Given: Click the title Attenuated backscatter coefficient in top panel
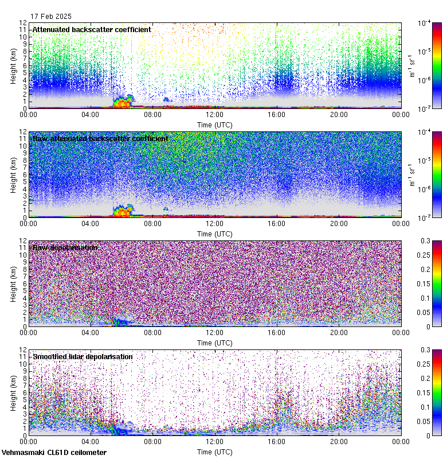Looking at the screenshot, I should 92,29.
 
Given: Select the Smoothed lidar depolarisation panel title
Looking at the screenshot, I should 83,356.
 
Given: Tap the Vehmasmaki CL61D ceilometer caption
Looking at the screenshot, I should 54,453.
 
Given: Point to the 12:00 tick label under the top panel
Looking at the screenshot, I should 214,115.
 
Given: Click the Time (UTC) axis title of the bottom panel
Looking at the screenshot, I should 214,452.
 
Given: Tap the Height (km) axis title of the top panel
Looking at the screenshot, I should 14,65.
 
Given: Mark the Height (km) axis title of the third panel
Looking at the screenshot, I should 14,283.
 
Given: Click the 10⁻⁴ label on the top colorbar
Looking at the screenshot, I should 425,23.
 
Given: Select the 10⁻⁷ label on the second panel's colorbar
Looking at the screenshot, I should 425,218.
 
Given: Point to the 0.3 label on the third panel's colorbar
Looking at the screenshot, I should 425,241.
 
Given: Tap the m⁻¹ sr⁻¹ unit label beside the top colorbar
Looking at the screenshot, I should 411,65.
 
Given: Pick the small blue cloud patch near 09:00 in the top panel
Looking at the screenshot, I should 166,100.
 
